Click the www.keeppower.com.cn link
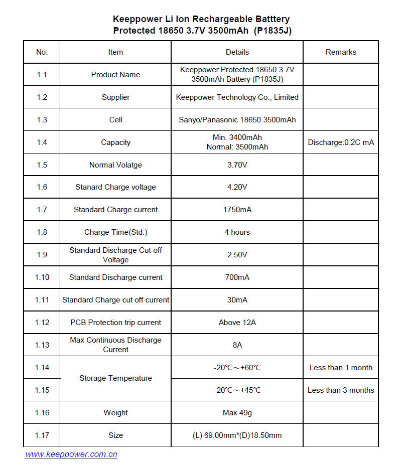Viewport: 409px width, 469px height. (x=71, y=454)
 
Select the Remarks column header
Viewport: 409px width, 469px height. (x=341, y=52)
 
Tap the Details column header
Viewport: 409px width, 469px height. (x=237, y=52)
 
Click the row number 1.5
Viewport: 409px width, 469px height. (x=42, y=165)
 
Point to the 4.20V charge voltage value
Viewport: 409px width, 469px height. (x=237, y=187)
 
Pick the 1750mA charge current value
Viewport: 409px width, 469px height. (x=237, y=210)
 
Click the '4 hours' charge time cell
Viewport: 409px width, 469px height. (x=237, y=232)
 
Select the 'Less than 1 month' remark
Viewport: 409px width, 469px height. (x=341, y=368)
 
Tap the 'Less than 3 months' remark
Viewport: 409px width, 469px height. (x=341, y=390)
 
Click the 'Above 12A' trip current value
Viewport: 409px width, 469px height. (x=237, y=323)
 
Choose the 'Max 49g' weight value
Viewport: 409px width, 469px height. (x=237, y=413)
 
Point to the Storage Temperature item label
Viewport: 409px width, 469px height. (x=115, y=378)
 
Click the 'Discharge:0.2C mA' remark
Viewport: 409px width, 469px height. (x=341, y=142)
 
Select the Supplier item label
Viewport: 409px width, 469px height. (x=115, y=97)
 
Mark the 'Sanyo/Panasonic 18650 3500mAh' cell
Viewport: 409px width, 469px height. (x=237, y=120)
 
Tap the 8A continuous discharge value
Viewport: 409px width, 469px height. (x=237, y=345)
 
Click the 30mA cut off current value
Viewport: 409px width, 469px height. (x=237, y=300)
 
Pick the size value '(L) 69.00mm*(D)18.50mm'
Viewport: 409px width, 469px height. (x=237, y=435)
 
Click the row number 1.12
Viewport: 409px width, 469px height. (x=42, y=323)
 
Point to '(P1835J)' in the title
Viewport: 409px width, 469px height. (x=272, y=31)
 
